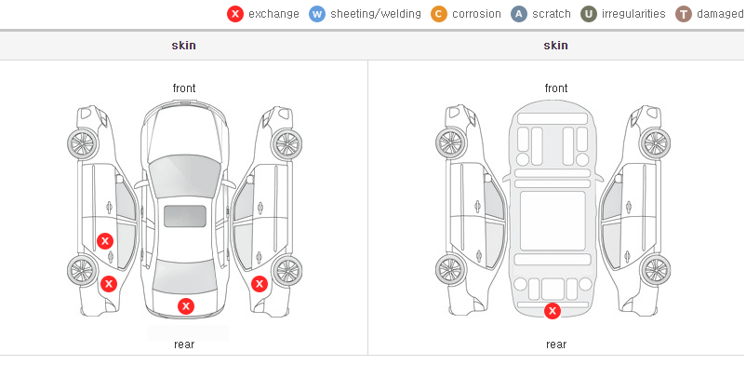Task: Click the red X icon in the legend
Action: coord(235,14)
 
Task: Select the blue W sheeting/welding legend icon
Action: coord(317,14)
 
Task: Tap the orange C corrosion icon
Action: coord(439,14)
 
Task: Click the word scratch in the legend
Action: coord(552,14)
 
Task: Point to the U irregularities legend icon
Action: coord(589,14)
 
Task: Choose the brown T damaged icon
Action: coord(683,14)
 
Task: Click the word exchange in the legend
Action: coord(273,14)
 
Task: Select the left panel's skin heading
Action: coord(183,46)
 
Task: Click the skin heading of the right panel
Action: coord(555,46)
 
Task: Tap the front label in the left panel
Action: coord(183,88)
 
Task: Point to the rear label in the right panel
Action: coord(556,345)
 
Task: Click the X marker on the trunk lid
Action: coord(186,306)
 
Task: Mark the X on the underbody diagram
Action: coord(553,311)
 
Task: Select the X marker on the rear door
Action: coord(105,241)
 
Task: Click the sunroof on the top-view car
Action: coord(185,216)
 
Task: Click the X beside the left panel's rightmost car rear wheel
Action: coord(260,285)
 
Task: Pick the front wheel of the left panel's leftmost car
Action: coord(82,143)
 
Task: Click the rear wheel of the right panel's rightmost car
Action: coord(656,270)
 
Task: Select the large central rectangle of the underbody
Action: coord(553,221)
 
